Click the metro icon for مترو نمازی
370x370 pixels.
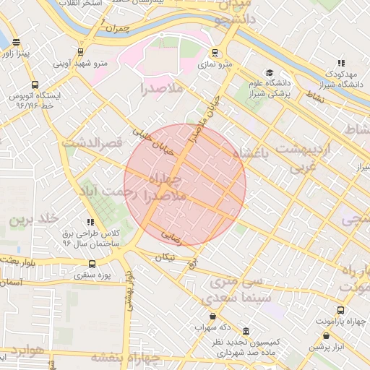click(215, 53)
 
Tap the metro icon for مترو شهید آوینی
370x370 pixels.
click(79, 52)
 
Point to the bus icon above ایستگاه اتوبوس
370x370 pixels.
click(35, 85)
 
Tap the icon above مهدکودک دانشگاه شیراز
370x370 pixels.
click(340, 63)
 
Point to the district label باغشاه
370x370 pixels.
click(256, 153)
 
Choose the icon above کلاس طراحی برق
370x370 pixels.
click(90, 223)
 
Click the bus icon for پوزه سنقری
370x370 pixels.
click(92, 264)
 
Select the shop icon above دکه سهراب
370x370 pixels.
click(212, 316)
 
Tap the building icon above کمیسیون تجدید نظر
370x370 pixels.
click(246, 330)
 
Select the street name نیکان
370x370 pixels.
click(165, 257)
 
